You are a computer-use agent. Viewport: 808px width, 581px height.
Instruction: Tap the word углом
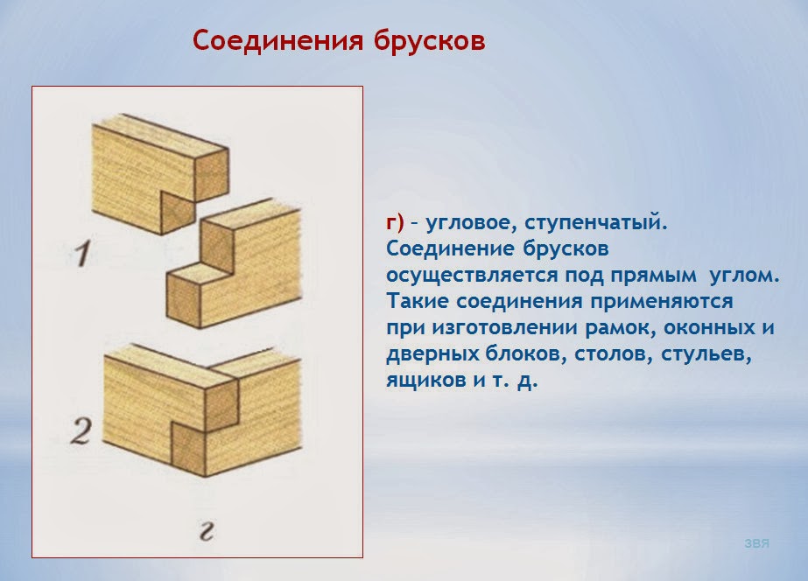click(747, 275)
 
